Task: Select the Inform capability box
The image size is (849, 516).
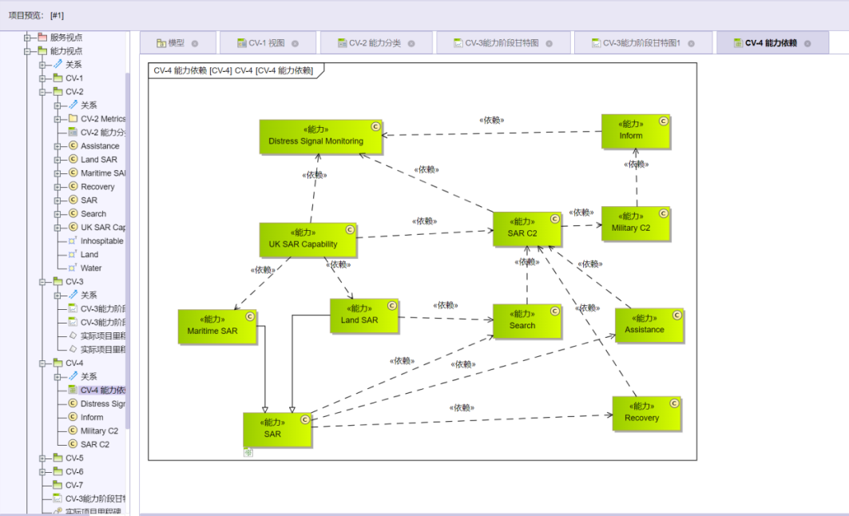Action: coord(636,131)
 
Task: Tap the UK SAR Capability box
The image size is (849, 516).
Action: coord(307,240)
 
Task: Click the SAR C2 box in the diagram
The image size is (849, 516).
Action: coord(526,228)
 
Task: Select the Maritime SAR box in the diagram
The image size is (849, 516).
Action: coord(217,326)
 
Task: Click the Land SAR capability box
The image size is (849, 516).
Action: coord(363,316)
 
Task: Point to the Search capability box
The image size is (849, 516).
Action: coord(526,320)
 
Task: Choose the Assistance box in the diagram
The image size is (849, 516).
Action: coord(649,325)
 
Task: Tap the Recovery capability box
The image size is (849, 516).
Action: coord(646,413)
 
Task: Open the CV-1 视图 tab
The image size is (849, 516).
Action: coord(266,43)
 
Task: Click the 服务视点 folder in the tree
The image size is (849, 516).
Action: coord(65,38)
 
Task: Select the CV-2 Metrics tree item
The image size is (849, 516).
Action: coord(102,119)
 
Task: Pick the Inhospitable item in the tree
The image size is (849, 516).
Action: coord(101,241)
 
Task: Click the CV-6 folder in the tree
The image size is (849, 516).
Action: coord(73,471)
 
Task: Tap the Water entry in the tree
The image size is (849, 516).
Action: coord(91,268)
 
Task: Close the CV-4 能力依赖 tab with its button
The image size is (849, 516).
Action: coord(807,43)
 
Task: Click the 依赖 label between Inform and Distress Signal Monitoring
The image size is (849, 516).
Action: coord(491,121)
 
